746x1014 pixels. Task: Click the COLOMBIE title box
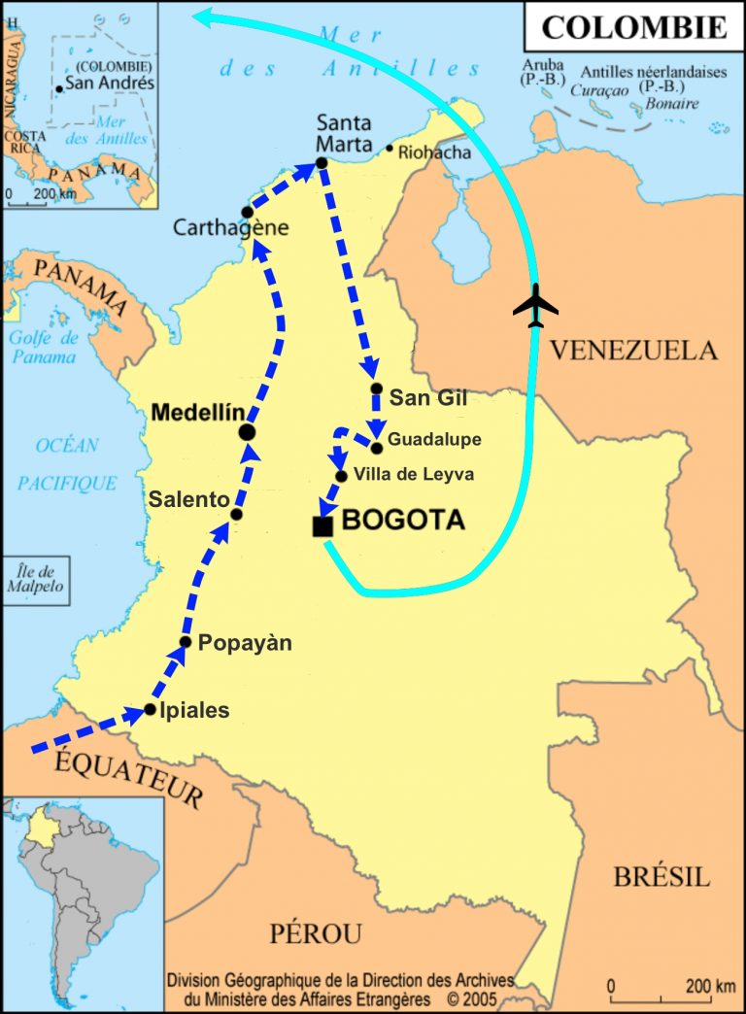633,26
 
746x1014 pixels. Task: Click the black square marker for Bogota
322,526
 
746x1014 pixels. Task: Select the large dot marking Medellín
247,431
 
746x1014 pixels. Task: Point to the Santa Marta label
344,133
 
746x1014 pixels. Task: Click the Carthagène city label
230,228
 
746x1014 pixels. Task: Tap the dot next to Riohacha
390,149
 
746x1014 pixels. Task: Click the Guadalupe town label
434,440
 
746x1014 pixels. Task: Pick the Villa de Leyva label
414,474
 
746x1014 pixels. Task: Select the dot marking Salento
236,514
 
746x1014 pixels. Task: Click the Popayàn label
245,643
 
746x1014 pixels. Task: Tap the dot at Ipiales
150,710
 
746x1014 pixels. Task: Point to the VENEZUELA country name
634,350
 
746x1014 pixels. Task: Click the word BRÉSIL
661,876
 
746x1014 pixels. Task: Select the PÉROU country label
315,933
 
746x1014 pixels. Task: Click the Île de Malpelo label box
34,579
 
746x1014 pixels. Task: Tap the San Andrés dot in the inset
60,88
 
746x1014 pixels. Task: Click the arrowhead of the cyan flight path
200,14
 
